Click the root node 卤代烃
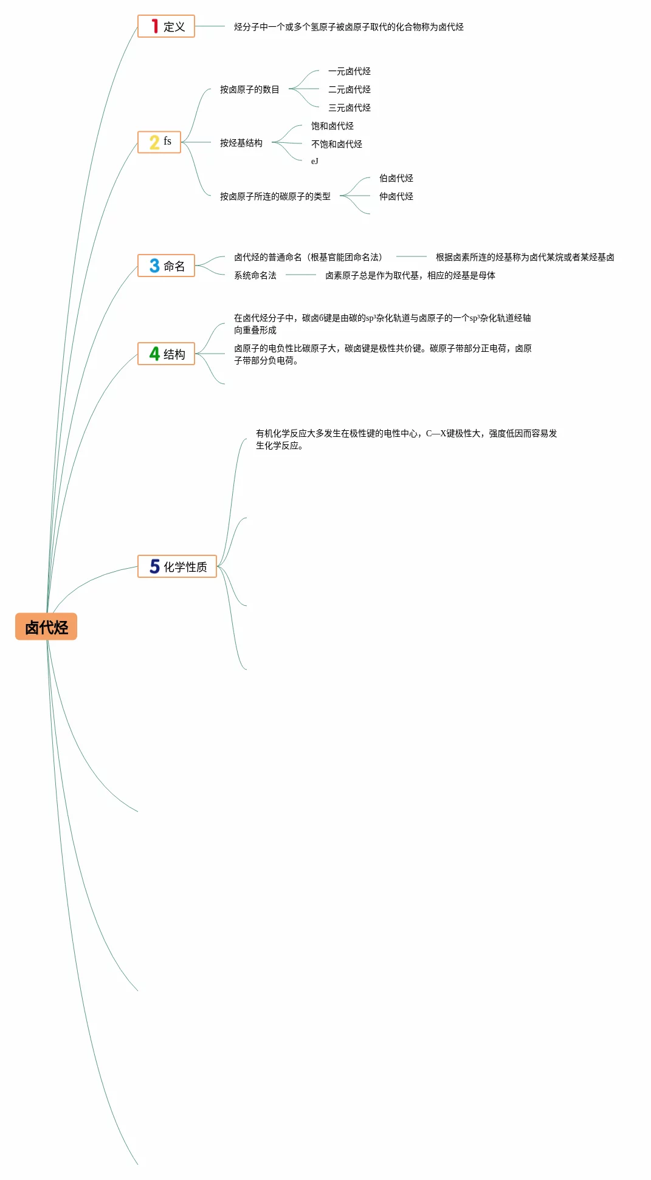(x=46, y=626)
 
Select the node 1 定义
(x=166, y=26)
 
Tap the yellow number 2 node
(x=159, y=142)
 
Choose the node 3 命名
(x=166, y=266)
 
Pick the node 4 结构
(x=166, y=354)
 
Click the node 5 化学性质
(x=177, y=566)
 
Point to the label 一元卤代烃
(x=349, y=71)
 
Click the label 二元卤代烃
(x=349, y=89)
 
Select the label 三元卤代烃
(x=349, y=108)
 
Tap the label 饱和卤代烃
(x=332, y=126)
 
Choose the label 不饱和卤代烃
(x=336, y=144)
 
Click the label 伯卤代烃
(x=396, y=178)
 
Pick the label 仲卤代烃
(x=396, y=196)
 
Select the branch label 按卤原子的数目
(x=249, y=89)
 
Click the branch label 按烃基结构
(x=241, y=143)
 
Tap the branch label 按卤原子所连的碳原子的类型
(x=275, y=196)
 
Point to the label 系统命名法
(x=255, y=275)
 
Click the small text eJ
(x=314, y=161)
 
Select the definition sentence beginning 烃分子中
(x=348, y=27)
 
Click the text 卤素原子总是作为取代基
(x=410, y=275)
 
